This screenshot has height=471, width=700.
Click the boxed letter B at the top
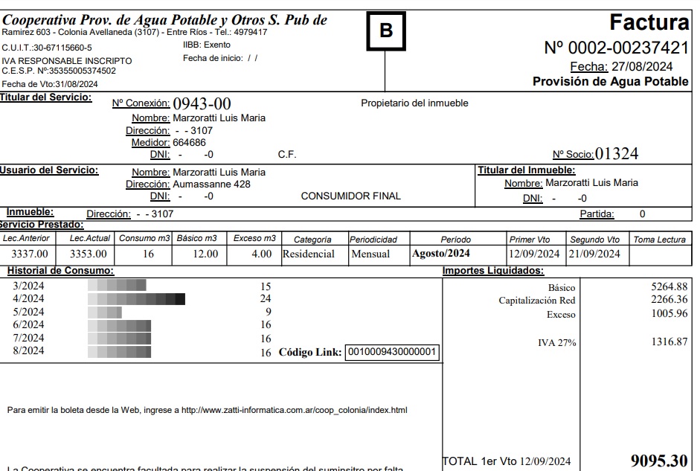coord(386,31)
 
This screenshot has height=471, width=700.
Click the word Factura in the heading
coord(649,22)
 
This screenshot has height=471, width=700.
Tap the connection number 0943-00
coord(202,103)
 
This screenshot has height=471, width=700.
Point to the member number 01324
coord(617,154)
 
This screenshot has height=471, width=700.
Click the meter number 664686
coord(190,142)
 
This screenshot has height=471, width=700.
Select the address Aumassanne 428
coord(212,184)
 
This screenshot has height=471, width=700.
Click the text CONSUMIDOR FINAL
coord(350,196)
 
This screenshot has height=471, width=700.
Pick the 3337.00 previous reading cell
coord(30,254)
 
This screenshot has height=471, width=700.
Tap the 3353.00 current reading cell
coord(89,254)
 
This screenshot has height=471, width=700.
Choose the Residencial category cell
coord(309,254)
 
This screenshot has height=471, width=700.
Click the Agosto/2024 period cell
coord(440,254)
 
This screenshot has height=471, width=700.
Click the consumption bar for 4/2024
coord(136,299)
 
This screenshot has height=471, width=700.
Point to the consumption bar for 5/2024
coord(104,312)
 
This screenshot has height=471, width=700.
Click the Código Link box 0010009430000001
coord(393,352)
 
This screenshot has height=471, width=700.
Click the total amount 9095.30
coord(658,461)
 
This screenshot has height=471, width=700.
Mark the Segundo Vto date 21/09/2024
coord(594,254)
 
